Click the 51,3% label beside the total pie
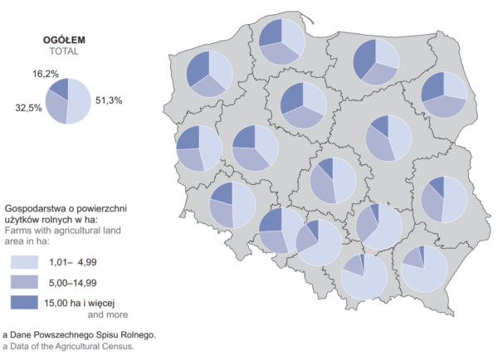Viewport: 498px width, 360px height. point(109,100)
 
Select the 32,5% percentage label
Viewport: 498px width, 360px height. point(28,108)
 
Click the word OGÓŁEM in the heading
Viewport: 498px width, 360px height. point(64,39)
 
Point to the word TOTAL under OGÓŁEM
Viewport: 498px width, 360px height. point(64,51)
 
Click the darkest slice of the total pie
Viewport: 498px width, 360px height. point(59,87)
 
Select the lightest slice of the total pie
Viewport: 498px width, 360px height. point(78,103)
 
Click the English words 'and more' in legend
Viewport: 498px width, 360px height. point(108,314)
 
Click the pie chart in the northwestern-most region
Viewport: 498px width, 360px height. point(209,73)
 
